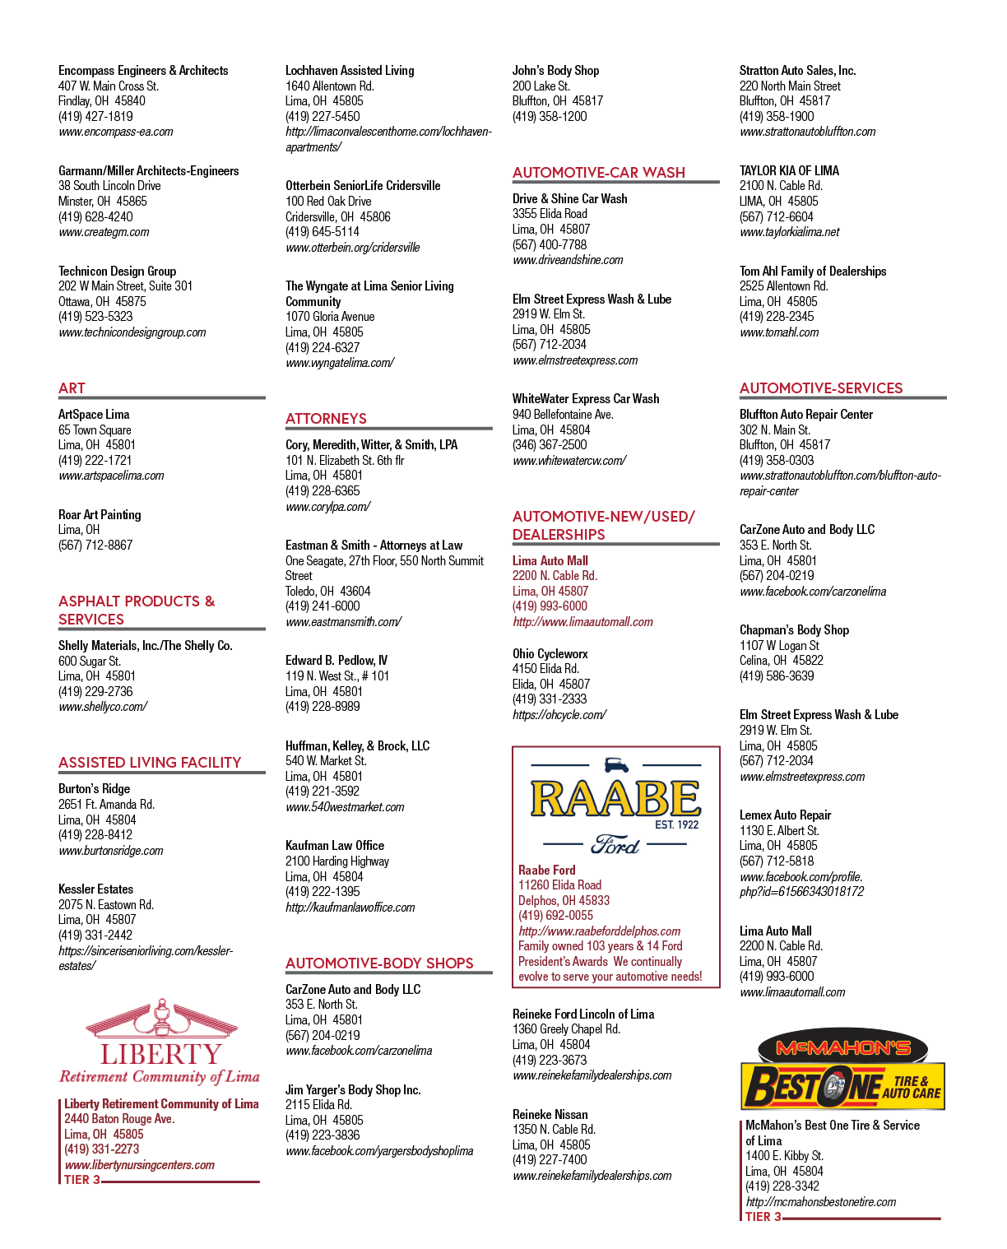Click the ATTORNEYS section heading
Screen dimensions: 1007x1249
(326, 419)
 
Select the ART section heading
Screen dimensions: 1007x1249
(72, 388)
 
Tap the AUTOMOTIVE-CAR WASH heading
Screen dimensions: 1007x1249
(598, 173)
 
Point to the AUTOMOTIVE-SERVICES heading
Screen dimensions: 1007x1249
(821, 388)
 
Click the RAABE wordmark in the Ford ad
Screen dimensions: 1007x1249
(615, 799)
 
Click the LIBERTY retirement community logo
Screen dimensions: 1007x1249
(160, 1041)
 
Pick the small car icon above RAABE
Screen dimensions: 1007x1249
(616, 764)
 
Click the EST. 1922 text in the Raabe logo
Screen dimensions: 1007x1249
(677, 824)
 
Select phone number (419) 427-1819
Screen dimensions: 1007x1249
(95, 117)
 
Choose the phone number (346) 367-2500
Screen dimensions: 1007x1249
(549, 445)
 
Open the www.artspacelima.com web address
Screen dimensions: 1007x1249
(111, 476)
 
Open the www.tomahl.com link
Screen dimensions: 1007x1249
(779, 332)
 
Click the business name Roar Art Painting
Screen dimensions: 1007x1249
(100, 515)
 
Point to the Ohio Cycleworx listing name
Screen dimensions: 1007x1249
(550, 653)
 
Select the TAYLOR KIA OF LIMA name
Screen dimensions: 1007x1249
(789, 170)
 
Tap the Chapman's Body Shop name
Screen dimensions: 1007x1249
(794, 629)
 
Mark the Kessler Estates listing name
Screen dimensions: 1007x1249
(95, 889)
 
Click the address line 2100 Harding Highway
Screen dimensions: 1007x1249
(336, 861)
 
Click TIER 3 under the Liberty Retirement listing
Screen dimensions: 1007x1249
(81, 1180)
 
